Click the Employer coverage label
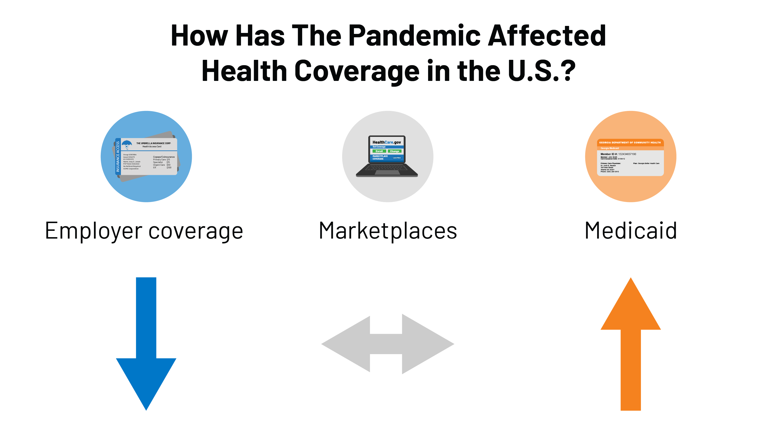click(144, 231)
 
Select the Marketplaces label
click(388, 231)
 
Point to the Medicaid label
click(631, 231)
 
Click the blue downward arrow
click(146, 347)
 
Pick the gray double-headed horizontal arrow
click(387, 344)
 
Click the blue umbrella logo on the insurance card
click(127, 144)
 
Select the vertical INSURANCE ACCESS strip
click(118, 157)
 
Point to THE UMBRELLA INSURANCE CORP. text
click(154, 143)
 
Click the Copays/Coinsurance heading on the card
click(164, 157)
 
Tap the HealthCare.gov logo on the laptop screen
click(386, 142)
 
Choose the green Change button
click(394, 151)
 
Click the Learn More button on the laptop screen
click(397, 158)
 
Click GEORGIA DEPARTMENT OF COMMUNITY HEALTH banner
click(630, 142)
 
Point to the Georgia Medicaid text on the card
click(610, 148)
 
